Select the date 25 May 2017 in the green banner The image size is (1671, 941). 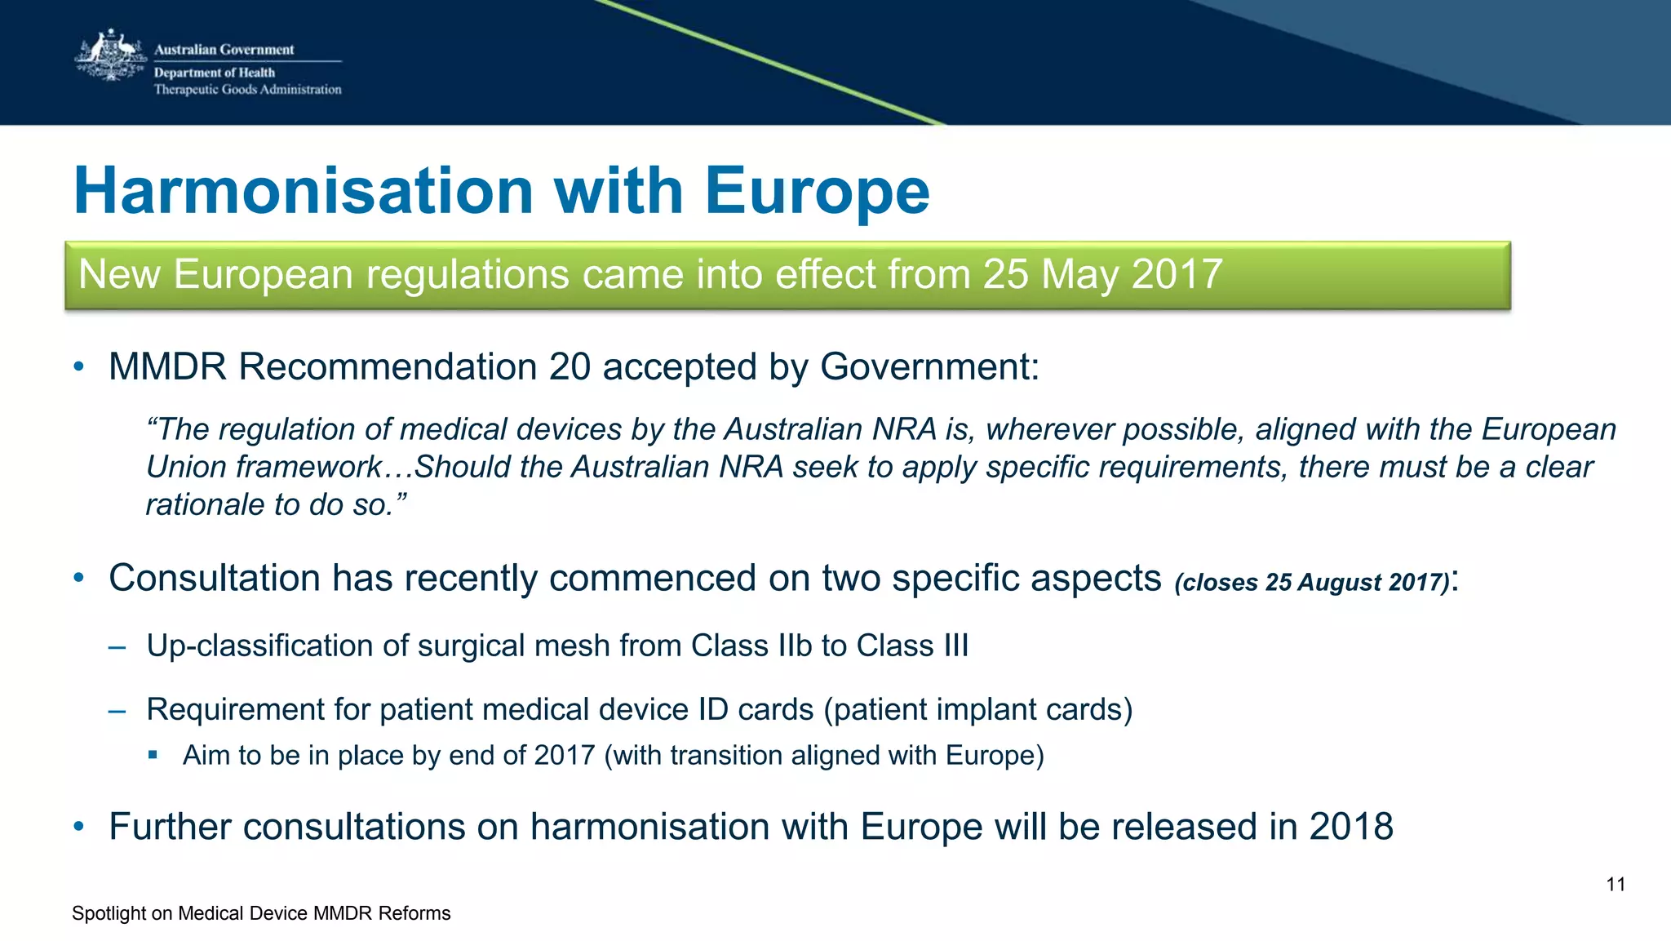(x=1102, y=274)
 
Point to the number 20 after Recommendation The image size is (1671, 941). (x=570, y=367)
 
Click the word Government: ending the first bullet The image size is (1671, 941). (x=929, y=367)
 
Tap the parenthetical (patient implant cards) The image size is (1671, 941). (x=978, y=709)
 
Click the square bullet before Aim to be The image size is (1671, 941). (x=153, y=755)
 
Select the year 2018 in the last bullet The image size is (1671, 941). (x=1351, y=827)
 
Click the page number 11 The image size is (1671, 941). (x=1616, y=885)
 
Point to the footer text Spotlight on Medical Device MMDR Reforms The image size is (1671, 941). (x=261, y=913)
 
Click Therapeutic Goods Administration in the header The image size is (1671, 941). (x=248, y=90)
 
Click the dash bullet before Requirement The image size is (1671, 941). (x=117, y=711)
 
